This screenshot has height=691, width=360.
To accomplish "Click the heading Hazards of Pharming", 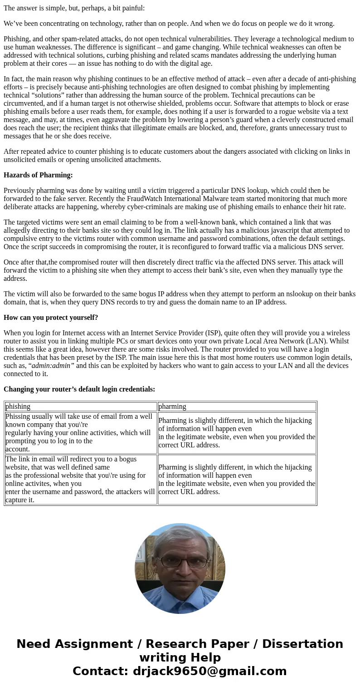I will (x=38, y=175).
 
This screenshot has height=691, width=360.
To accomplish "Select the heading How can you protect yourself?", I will (x=51, y=318).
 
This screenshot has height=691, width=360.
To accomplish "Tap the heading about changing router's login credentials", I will (x=79, y=389).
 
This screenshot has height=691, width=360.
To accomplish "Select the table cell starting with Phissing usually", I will (x=80, y=433).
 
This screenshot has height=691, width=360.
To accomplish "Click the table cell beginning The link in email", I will (x=80, y=480).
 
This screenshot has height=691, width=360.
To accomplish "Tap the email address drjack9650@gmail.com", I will (x=209, y=671).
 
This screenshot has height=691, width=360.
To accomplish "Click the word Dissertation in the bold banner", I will (x=302, y=644).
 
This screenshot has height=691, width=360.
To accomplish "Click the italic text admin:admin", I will (x=51, y=366).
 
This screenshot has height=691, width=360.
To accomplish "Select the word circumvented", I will (x=25, y=103).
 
